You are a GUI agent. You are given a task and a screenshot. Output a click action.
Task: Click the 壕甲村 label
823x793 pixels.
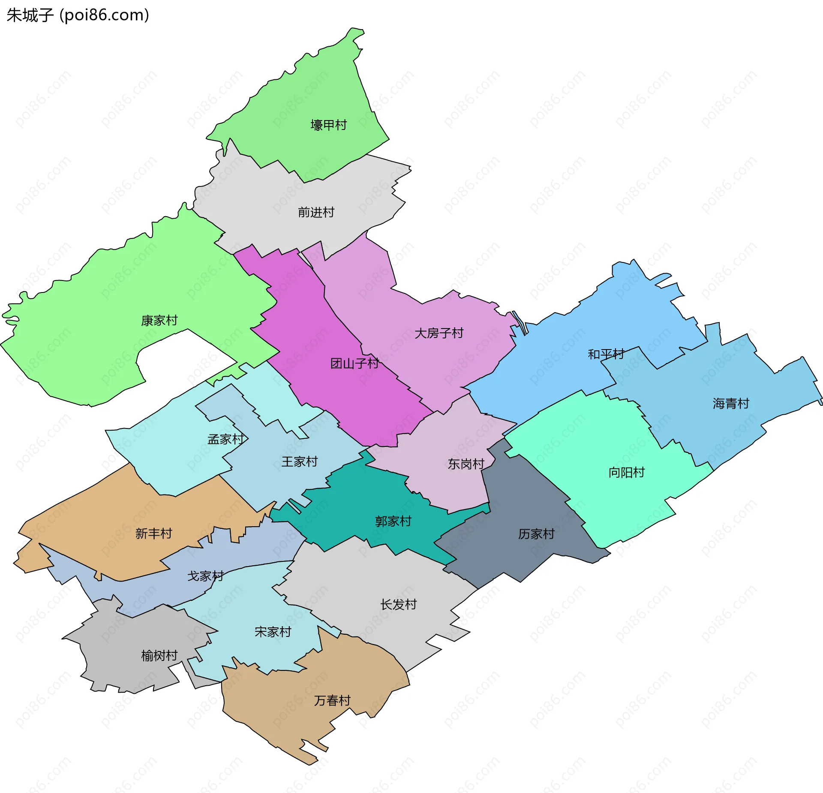(328, 125)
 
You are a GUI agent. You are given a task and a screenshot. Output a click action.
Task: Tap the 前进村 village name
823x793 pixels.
(316, 212)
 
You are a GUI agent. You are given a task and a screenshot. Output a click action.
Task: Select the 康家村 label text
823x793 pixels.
(159, 320)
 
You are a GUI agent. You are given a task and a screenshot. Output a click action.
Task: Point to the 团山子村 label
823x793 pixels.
(354, 364)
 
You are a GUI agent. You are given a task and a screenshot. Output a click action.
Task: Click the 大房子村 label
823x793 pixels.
(439, 333)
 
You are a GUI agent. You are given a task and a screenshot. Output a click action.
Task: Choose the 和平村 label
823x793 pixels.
(606, 354)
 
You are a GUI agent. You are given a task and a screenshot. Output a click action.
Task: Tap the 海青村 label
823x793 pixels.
(731, 404)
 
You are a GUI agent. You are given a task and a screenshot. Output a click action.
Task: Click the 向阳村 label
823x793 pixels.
(627, 473)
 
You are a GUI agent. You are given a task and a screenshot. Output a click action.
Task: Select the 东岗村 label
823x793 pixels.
(466, 464)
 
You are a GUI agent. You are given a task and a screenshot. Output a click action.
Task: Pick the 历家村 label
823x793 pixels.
(536, 534)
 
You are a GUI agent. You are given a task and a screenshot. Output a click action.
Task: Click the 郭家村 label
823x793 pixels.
(393, 522)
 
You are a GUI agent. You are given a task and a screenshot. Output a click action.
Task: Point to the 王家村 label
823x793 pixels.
(299, 462)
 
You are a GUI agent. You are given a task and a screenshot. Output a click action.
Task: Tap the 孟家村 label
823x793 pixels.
(225, 439)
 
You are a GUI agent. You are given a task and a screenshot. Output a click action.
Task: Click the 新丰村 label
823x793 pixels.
(153, 534)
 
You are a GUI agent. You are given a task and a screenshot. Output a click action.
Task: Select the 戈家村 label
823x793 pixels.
(205, 576)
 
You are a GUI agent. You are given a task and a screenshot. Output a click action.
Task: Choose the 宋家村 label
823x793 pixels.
(273, 632)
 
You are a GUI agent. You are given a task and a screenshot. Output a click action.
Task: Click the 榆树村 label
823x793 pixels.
(159, 656)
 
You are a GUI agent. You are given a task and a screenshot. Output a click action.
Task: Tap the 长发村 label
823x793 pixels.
(399, 605)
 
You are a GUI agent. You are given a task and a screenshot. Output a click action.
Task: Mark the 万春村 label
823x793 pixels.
(332, 701)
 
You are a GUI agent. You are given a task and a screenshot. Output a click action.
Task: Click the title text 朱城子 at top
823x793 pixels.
(30, 15)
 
